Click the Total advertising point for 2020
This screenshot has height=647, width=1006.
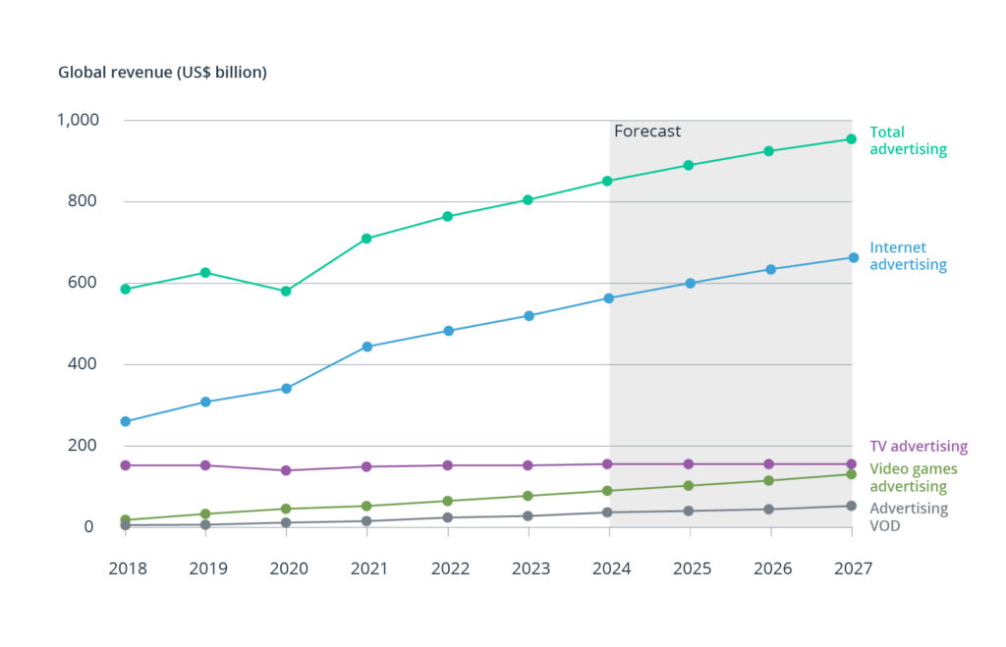286,291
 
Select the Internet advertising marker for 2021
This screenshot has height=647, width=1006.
367,347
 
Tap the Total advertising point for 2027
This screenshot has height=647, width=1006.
852,138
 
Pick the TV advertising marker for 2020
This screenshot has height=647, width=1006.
286,470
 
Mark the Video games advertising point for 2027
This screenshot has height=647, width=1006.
852,474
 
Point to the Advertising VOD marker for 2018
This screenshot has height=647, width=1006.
126,525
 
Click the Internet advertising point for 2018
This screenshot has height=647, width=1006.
126,421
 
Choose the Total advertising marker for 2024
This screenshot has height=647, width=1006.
609,181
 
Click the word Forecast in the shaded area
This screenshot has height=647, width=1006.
647,132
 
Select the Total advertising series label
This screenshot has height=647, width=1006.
908,140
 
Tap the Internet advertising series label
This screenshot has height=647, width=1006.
908,256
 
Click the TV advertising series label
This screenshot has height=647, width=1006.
919,447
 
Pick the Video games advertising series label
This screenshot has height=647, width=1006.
914,478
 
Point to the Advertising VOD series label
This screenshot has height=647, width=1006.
909,516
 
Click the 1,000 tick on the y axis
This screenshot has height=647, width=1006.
79,120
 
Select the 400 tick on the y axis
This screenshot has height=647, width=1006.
83,364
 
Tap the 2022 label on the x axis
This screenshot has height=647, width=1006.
448,568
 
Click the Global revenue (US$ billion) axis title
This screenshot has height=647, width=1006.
162,73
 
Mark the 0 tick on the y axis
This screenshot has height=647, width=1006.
88,527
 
